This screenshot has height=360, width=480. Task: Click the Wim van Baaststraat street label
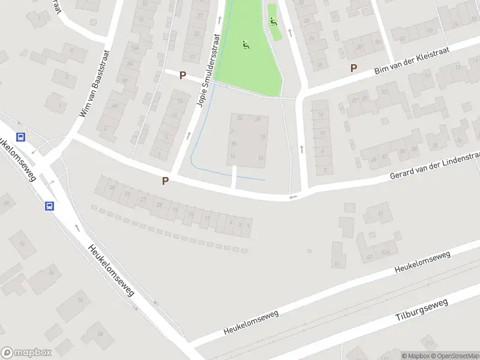coord(94,83)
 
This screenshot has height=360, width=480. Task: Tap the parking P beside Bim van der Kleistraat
coord(354,68)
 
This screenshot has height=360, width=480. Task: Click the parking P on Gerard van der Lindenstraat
coord(165,181)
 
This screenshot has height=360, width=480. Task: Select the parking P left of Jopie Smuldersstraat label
coord(182,74)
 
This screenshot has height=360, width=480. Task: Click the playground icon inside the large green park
coord(245,44)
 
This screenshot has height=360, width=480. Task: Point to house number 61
coord(337,263)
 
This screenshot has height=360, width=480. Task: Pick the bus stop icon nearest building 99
coord(49,205)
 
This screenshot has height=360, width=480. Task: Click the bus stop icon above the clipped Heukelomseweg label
coord(22,137)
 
